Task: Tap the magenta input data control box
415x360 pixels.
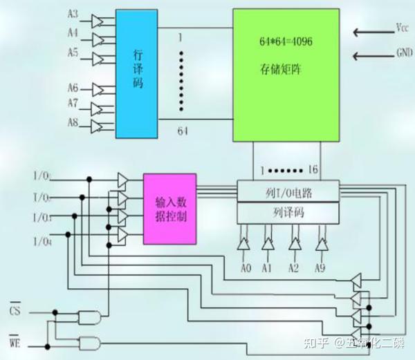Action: (x=169, y=209)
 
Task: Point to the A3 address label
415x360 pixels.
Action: (x=73, y=15)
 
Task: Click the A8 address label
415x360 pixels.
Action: (x=73, y=122)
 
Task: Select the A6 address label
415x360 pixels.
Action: (x=73, y=88)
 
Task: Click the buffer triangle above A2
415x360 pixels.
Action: (x=295, y=244)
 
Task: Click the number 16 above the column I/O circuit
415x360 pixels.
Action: (x=313, y=169)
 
